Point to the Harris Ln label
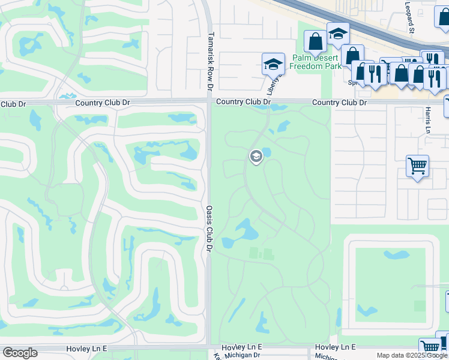428,121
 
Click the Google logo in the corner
20,353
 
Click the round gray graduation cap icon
256,157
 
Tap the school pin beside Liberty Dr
273,63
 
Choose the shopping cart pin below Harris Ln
417,166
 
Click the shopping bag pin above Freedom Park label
315,41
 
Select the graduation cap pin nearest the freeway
338,34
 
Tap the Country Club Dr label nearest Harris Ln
339,103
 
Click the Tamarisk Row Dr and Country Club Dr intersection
208,103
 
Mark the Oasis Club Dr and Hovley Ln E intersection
208,347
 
